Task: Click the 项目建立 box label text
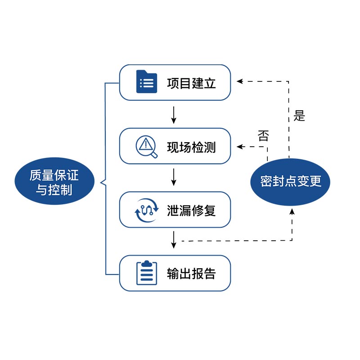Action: point(191,83)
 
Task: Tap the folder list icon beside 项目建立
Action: point(146,82)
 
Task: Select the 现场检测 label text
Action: point(191,147)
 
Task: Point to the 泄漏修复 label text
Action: point(191,210)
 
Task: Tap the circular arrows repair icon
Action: point(147,210)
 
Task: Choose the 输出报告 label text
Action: point(191,273)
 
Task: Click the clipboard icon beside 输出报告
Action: point(147,273)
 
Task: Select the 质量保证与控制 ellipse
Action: point(54,182)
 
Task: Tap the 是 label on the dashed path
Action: point(299,116)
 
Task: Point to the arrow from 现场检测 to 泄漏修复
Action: point(174,177)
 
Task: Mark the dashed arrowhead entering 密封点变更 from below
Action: point(292,210)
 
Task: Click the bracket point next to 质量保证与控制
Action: point(100,182)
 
